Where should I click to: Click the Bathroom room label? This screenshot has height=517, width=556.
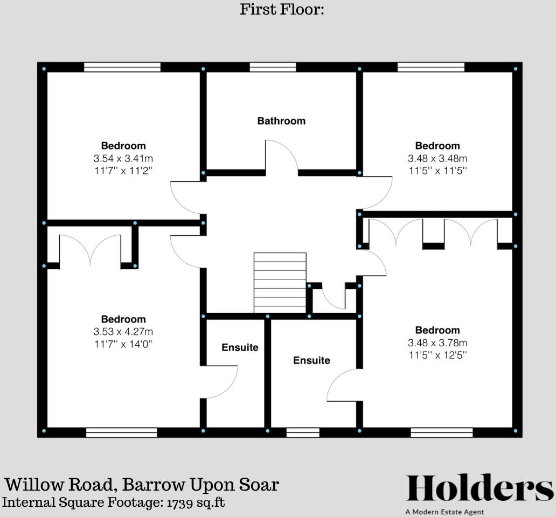pos(281,121)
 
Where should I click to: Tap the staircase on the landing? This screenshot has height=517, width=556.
pos(280,282)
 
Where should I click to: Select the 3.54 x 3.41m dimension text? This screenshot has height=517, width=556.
pos(123,159)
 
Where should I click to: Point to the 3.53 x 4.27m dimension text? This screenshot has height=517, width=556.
pos(123,332)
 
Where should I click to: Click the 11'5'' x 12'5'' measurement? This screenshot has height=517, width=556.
pos(437,355)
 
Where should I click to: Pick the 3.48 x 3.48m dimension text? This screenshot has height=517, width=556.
pos(437,159)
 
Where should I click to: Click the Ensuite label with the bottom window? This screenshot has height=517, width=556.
pos(311,360)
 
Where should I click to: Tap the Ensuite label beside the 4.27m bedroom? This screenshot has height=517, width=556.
pos(240,347)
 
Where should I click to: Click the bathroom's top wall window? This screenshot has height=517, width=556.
pos(273,67)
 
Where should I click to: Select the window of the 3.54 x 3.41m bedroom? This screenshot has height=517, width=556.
pos(122,67)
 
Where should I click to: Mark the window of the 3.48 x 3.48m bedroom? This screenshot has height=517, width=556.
pos(431,67)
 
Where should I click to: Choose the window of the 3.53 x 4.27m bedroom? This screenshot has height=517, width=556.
pos(121,432)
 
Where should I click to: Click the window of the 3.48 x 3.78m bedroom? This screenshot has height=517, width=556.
pos(442,432)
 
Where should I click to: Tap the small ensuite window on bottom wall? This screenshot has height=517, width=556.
pos(302,432)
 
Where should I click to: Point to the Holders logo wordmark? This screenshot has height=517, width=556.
pos(479,489)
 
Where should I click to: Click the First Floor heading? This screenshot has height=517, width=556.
pos(282,9)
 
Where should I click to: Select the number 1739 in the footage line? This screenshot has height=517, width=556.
pos(181,502)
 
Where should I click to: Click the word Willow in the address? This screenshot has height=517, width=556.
pos(34,485)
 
